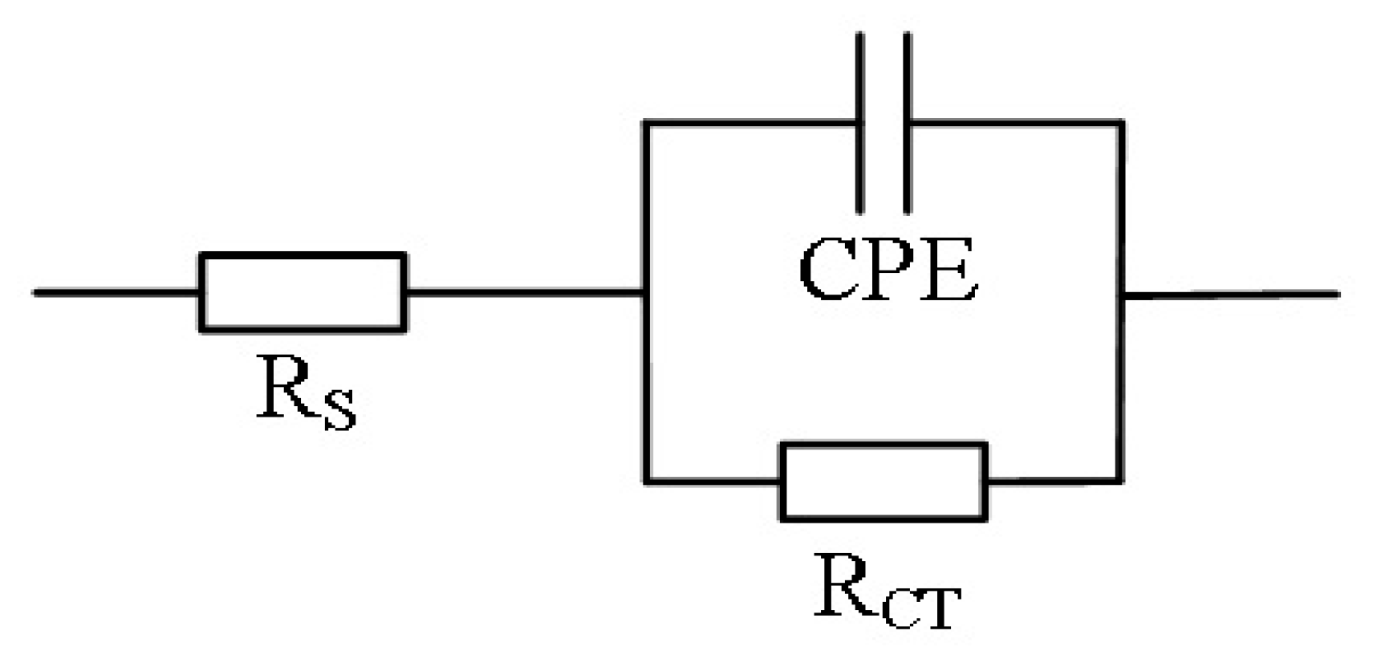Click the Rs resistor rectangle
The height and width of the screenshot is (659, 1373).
coord(303,291)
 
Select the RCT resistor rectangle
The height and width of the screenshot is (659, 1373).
coord(884,482)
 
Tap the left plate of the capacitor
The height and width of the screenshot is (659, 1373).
coord(860,123)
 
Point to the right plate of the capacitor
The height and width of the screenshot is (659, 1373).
coord(908,123)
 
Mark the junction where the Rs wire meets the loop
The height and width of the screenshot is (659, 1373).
coord(644,292)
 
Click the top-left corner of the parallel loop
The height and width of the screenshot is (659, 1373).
coord(645,124)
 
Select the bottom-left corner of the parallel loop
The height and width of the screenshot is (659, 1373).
coord(645,482)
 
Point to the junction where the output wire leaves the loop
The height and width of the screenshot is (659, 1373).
coord(1121,295)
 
